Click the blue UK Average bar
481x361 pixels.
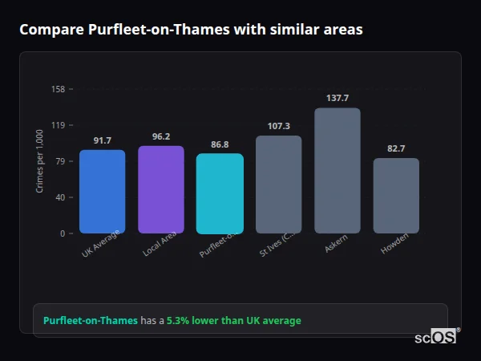click(102, 192)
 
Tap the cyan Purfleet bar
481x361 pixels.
click(220, 193)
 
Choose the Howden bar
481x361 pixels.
click(396, 196)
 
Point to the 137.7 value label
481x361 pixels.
click(338, 98)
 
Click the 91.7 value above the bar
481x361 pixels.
click(102, 140)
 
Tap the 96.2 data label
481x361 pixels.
click(161, 136)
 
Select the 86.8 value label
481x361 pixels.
click(220, 144)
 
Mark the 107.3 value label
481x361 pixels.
click(278, 126)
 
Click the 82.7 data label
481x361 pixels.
click(396, 148)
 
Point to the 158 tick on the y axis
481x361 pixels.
click(58, 89)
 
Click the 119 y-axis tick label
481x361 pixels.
click(58, 125)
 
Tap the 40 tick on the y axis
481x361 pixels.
click(60, 197)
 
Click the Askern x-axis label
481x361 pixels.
click(336, 245)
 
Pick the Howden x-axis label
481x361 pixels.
click(394, 245)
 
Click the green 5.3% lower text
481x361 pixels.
click(233, 321)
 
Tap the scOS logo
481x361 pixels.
click(435, 337)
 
